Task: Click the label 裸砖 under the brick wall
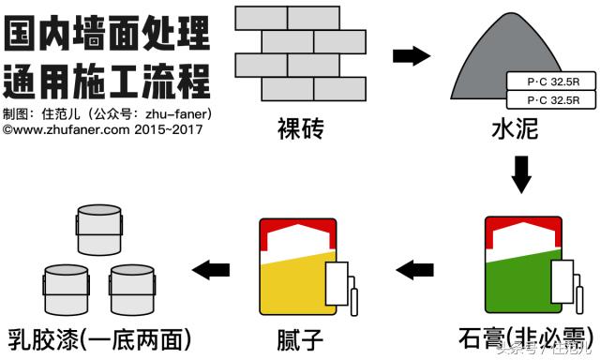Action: (300, 128)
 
